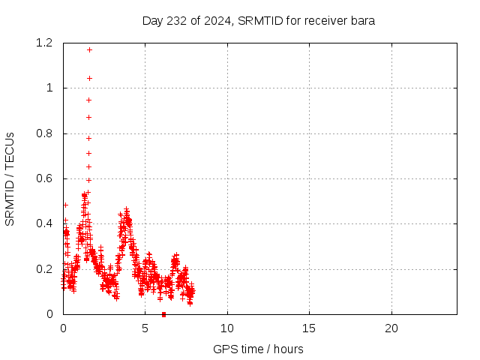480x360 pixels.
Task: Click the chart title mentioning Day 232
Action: point(259,20)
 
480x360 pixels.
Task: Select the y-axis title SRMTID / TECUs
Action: point(10,178)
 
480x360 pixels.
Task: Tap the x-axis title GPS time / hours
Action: point(259,349)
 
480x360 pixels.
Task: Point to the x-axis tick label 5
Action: point(145,328)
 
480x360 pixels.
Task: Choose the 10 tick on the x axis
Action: point(227,328)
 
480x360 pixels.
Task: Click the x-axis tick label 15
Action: point(309,328)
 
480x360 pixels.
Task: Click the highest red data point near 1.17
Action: point(89,49)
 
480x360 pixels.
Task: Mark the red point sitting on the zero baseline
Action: point(163,314)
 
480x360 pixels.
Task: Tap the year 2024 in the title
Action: point(217,20)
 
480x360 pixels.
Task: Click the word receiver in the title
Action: point(325,20)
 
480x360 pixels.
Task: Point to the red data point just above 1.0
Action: point(89,78)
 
